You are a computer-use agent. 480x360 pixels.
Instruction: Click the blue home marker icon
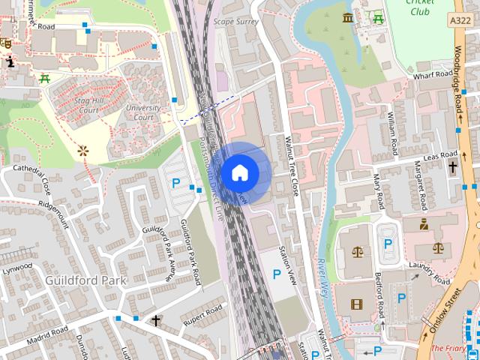point(239,172)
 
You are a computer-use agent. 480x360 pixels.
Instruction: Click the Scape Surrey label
point(236,22)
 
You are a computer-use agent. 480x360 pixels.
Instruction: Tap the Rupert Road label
point(203,314)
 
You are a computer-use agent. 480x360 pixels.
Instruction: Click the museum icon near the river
point(348,18)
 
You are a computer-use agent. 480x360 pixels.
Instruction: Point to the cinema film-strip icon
point(355,304)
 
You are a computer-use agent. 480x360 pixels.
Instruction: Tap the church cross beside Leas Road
point(452,167)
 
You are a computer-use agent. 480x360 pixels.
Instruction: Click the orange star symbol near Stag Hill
point(82,151)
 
